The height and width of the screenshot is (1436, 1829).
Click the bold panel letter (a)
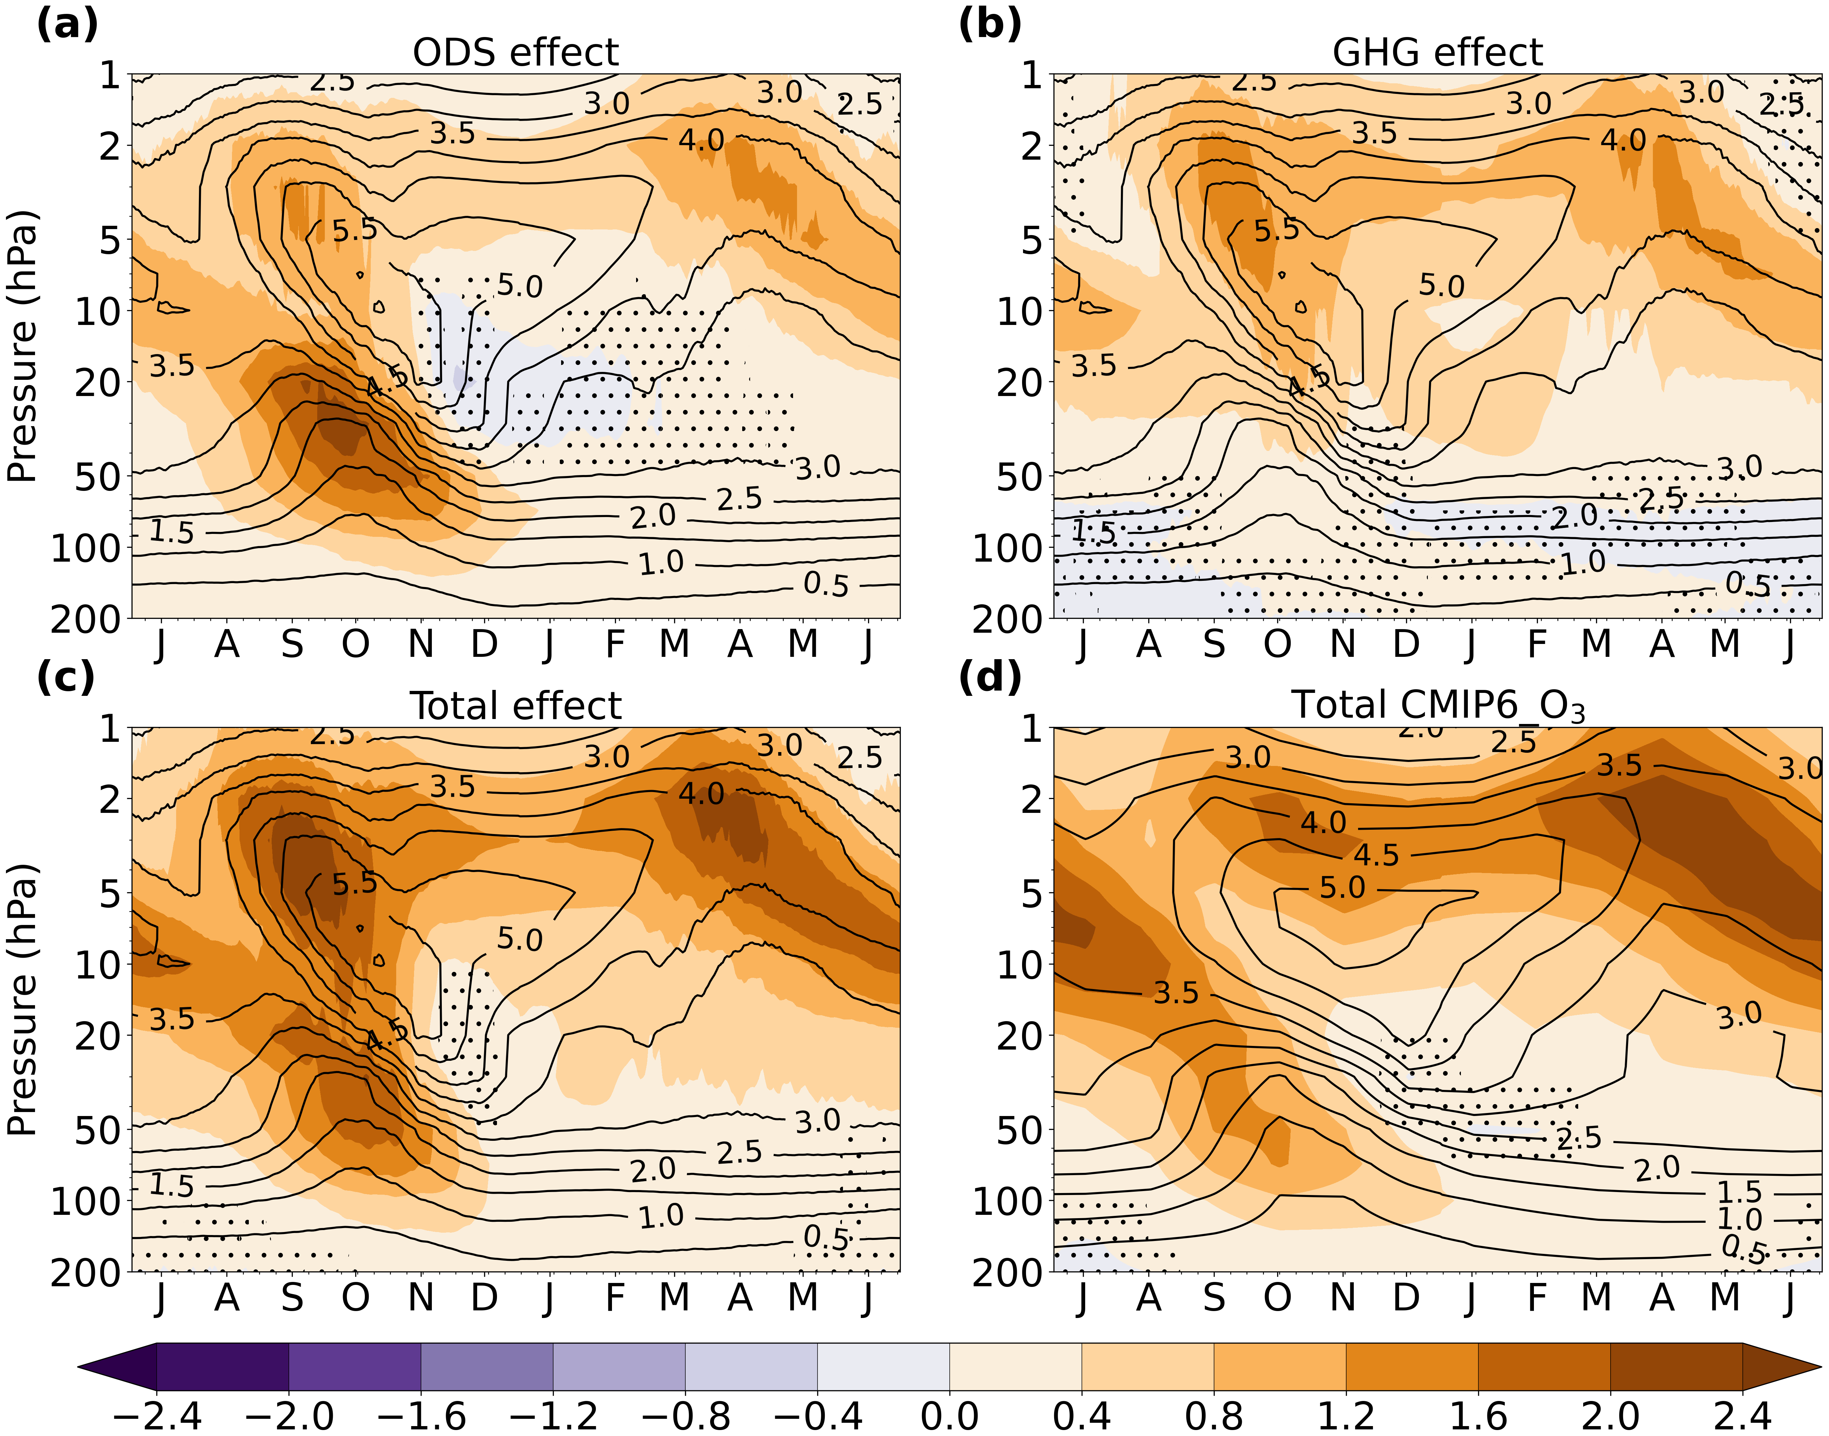(x=67, y=25)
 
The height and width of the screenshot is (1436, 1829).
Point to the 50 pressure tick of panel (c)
(x=97, y=1131)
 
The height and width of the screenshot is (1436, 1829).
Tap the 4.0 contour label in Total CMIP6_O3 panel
(x=1323, y=822)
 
